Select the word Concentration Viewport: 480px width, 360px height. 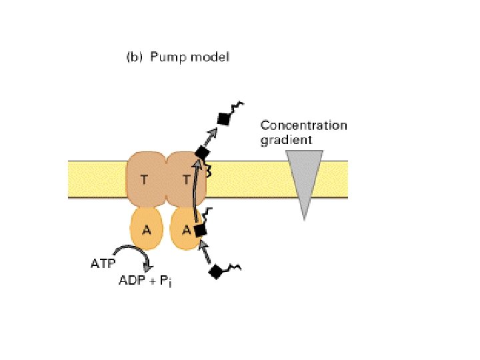[303, 125]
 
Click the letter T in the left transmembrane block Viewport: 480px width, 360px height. [145, 179]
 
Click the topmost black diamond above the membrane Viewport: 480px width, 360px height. [225, 118]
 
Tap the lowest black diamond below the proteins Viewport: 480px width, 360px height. [215, 272]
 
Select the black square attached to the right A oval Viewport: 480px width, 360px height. [199, 230]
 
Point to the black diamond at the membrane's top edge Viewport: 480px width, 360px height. [202, 153]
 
